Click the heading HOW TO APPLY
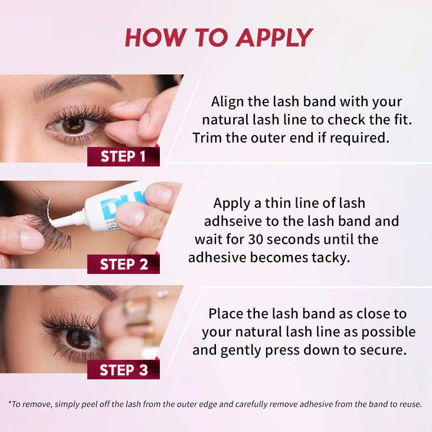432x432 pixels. pyautogui.click(x=218, y=38)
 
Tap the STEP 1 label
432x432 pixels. pyautogui.click(x=123, y=156)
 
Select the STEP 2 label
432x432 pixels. pyautogui.click(x=123, y=264)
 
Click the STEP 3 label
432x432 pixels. pyautogui.click(x=123, y=370)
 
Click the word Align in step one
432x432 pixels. pyautogui.click(x=226, y=102)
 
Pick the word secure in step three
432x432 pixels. pyautogui.click(x=386, y=350)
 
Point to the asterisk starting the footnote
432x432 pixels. pyautogui.click(x=10, y=403)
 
